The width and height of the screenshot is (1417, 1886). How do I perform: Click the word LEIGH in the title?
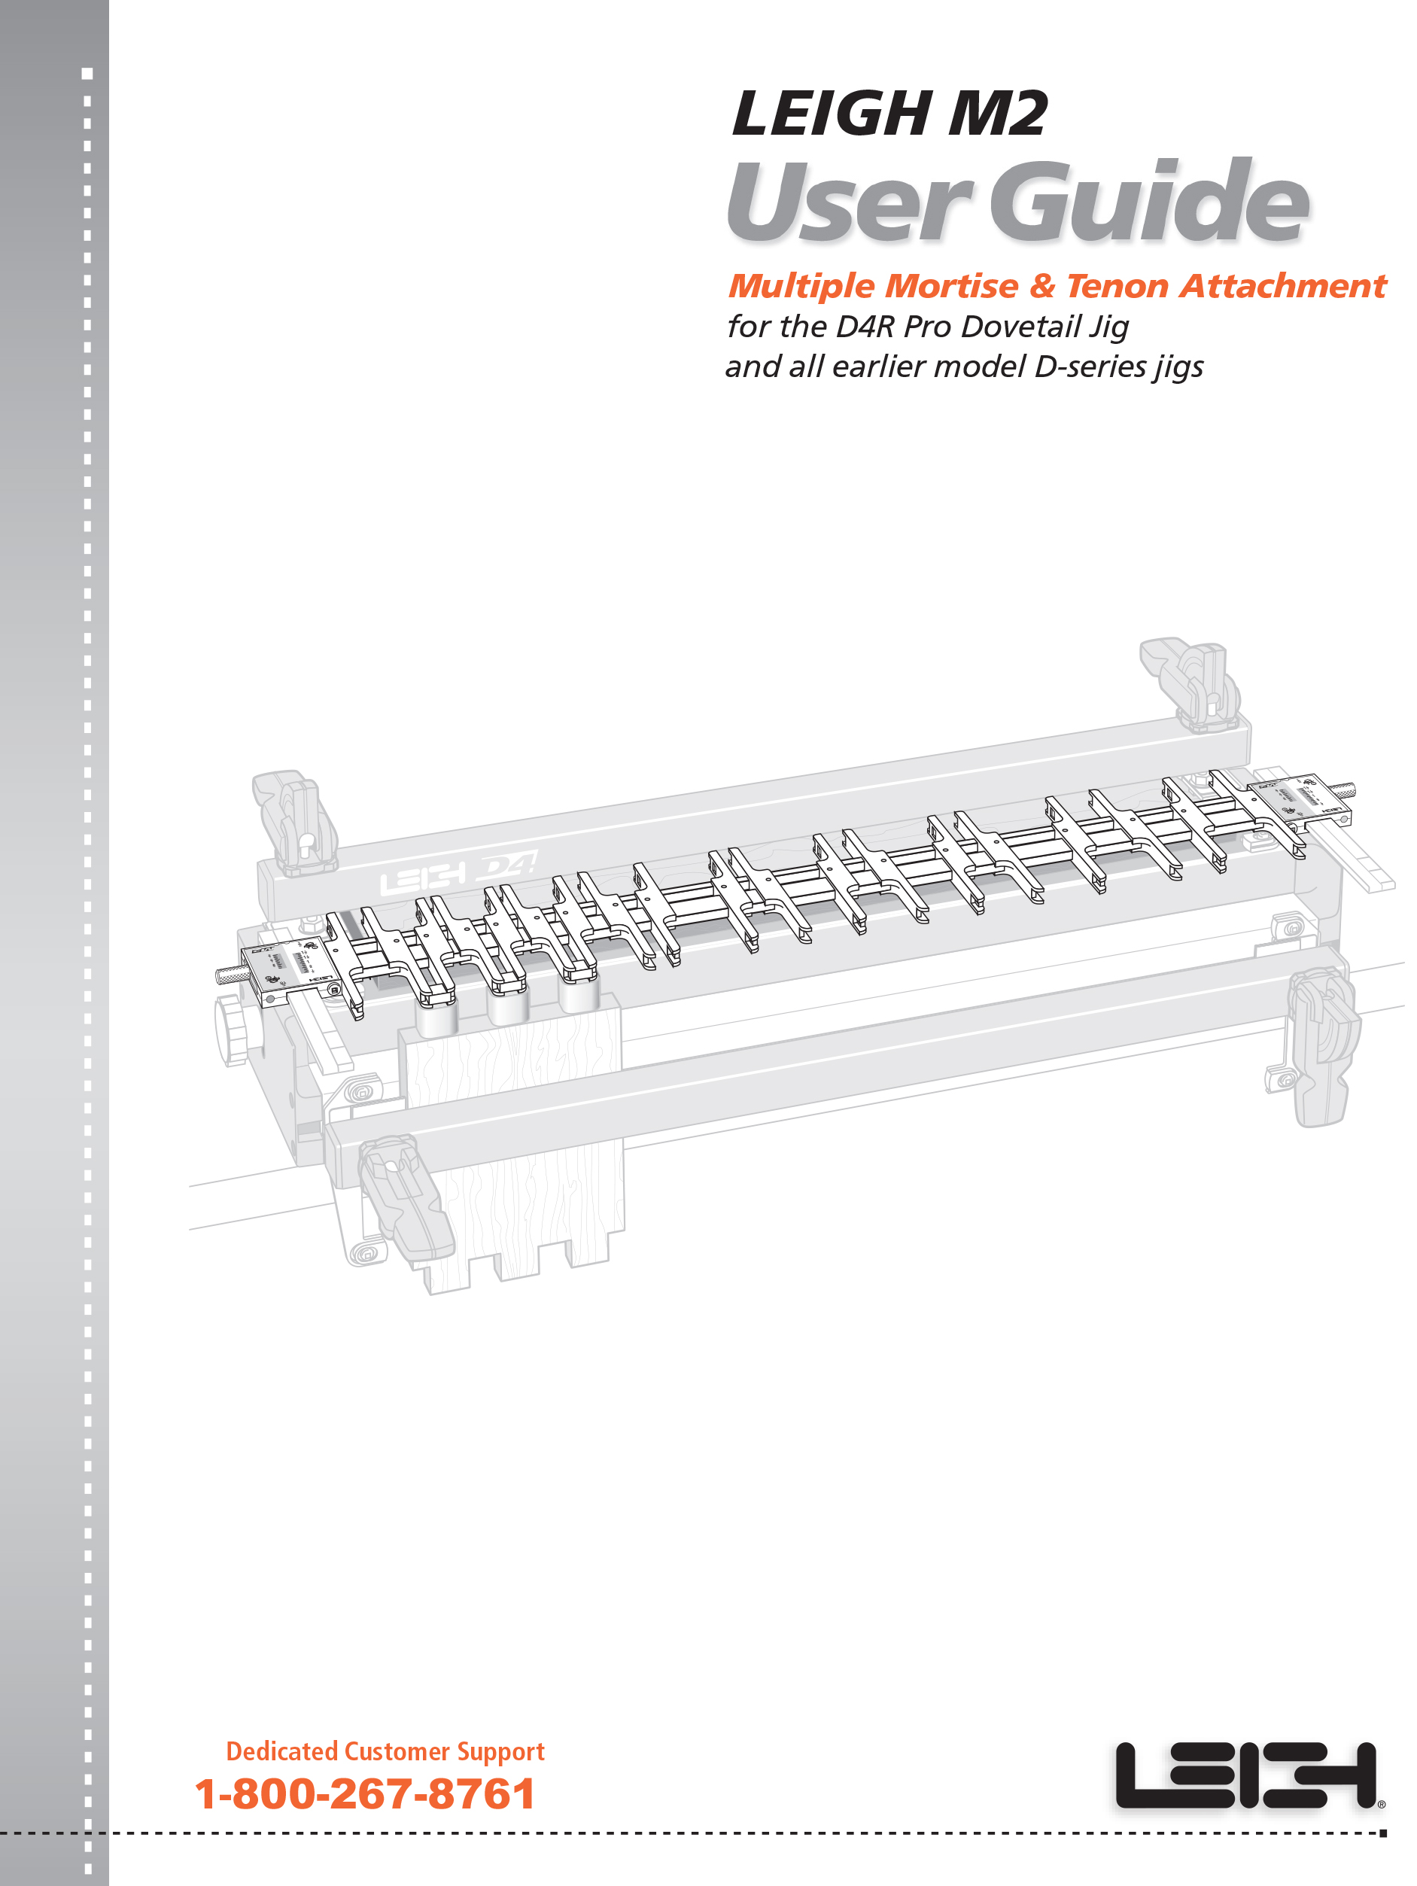tap(832, 114)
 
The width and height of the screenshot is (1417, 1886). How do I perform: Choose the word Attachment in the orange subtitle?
tap(1283, 286)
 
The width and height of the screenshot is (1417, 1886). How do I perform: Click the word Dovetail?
tap(1020, 326)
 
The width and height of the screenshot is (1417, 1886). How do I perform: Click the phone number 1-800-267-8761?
tap(365, 1793)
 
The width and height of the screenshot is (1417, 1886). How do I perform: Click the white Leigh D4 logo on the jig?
tap(458, 872)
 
